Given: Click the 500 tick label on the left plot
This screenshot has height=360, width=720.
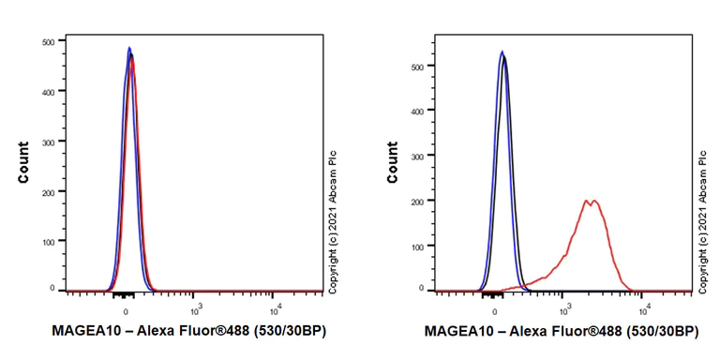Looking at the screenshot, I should tap(47, 42).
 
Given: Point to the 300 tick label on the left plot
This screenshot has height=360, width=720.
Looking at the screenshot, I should tap(47, 142).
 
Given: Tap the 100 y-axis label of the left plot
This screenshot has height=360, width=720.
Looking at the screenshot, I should tap(47, 241).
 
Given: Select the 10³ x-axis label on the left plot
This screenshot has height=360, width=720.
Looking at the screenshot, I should tap(196, 308).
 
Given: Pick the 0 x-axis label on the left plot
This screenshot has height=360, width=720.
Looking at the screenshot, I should tap(126, 308).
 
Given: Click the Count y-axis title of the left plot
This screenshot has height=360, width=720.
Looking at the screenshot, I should tap(22, 162).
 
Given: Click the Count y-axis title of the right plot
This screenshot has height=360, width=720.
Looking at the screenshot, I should tap(395, 162).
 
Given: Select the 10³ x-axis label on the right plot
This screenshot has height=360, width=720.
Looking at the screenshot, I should tap(565, 308).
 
